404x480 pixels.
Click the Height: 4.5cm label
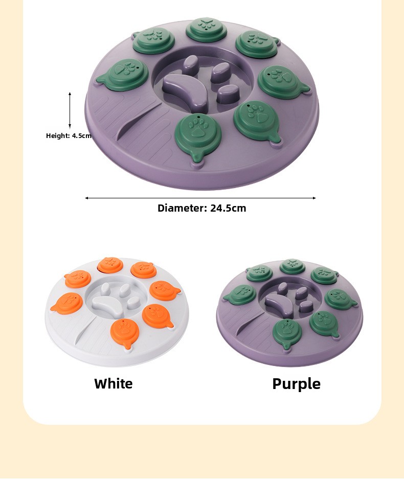69,135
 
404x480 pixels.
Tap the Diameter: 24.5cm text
202,208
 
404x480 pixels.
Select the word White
114,383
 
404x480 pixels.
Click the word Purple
296,384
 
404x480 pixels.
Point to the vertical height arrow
70,110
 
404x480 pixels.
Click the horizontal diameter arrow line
200,198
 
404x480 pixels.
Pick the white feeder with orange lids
117,312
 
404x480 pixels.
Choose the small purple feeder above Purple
290,312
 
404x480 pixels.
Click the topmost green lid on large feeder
206,30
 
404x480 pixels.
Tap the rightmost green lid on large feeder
282,82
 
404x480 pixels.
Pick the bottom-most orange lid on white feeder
125,333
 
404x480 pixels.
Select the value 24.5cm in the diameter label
228,208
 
